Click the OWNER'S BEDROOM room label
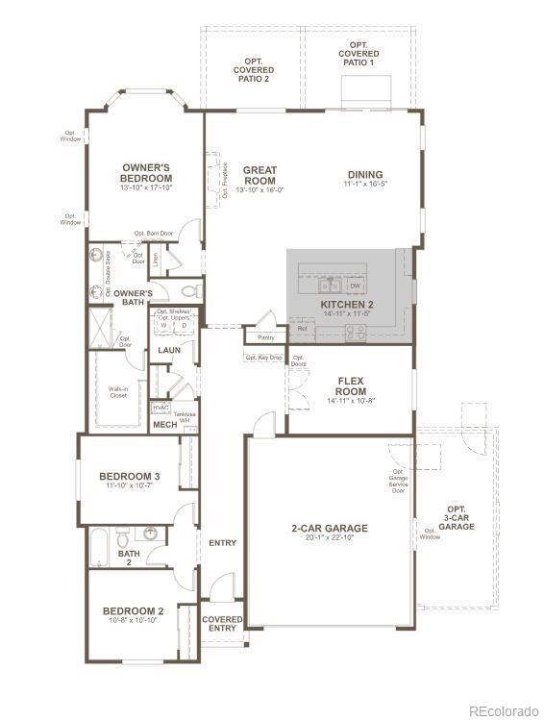pos(146,173)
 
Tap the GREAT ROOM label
pos(260,175)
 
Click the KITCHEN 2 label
pos(346,305)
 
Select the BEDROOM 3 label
pos(129,476)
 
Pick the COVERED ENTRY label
pos(222,624)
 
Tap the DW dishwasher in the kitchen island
pos(355,286)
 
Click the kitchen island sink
pos(331,285)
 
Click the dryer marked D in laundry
pos(184,326)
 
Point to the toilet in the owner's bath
pos(189,289)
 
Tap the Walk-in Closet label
pos(118,391)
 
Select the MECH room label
pos(164,424)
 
